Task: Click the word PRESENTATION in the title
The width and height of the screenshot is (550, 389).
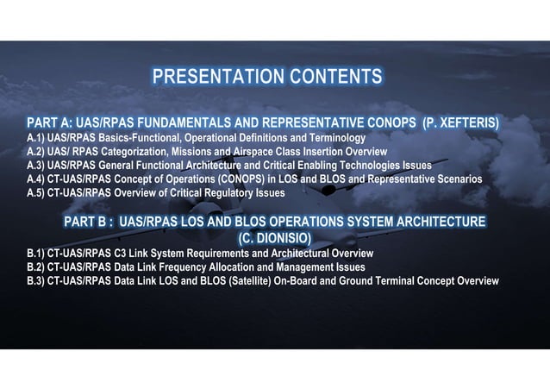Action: click(210, 77)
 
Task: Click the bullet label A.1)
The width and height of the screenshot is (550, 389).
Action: click(36, 138)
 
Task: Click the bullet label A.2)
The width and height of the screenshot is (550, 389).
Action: click(36, 152)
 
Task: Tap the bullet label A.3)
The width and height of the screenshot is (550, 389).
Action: click(36, 166)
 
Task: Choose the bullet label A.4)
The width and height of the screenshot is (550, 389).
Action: click(36, 179)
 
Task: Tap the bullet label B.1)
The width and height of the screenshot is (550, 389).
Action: click(36, 254)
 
